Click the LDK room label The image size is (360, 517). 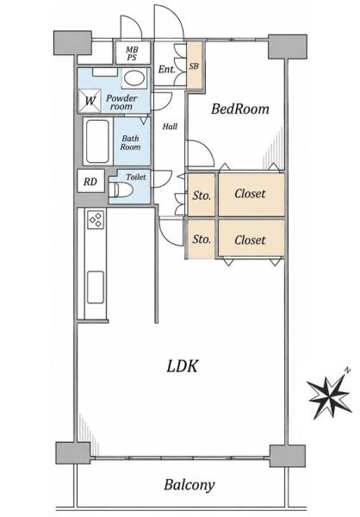point(182,366)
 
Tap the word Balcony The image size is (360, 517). point(189,485)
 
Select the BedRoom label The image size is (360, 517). point(240,109)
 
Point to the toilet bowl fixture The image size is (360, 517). point(121,190)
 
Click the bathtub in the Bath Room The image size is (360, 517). point(97,141)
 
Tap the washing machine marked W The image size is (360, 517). point(90,101)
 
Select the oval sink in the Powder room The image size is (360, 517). point(134,78)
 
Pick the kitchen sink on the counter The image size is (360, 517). point(96,287)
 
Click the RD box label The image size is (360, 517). point(90,182)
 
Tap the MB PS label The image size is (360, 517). point(132,53)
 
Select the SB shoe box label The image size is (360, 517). point(194,66)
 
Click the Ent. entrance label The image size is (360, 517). point(167,69)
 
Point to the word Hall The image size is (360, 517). point(170,127)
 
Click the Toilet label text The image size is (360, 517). point(136,177)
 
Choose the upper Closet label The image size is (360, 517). point(250,194)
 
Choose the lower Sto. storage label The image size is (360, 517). point(202,239)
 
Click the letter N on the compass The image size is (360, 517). point(347,371)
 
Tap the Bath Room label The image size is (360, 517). point(130,143)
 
